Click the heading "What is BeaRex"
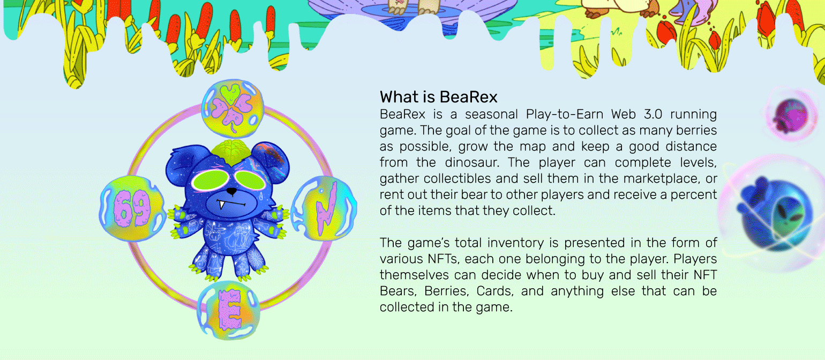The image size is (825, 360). pos(438,97)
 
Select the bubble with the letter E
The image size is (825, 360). pos(229,310)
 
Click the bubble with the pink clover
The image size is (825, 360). pos(232,108)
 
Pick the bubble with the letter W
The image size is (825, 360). pos(324,208)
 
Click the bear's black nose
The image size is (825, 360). pos(231,191)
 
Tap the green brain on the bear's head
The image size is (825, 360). pos(231,152)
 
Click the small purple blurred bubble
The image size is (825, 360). pos(791,115)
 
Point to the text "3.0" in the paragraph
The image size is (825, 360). pos(653,115)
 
